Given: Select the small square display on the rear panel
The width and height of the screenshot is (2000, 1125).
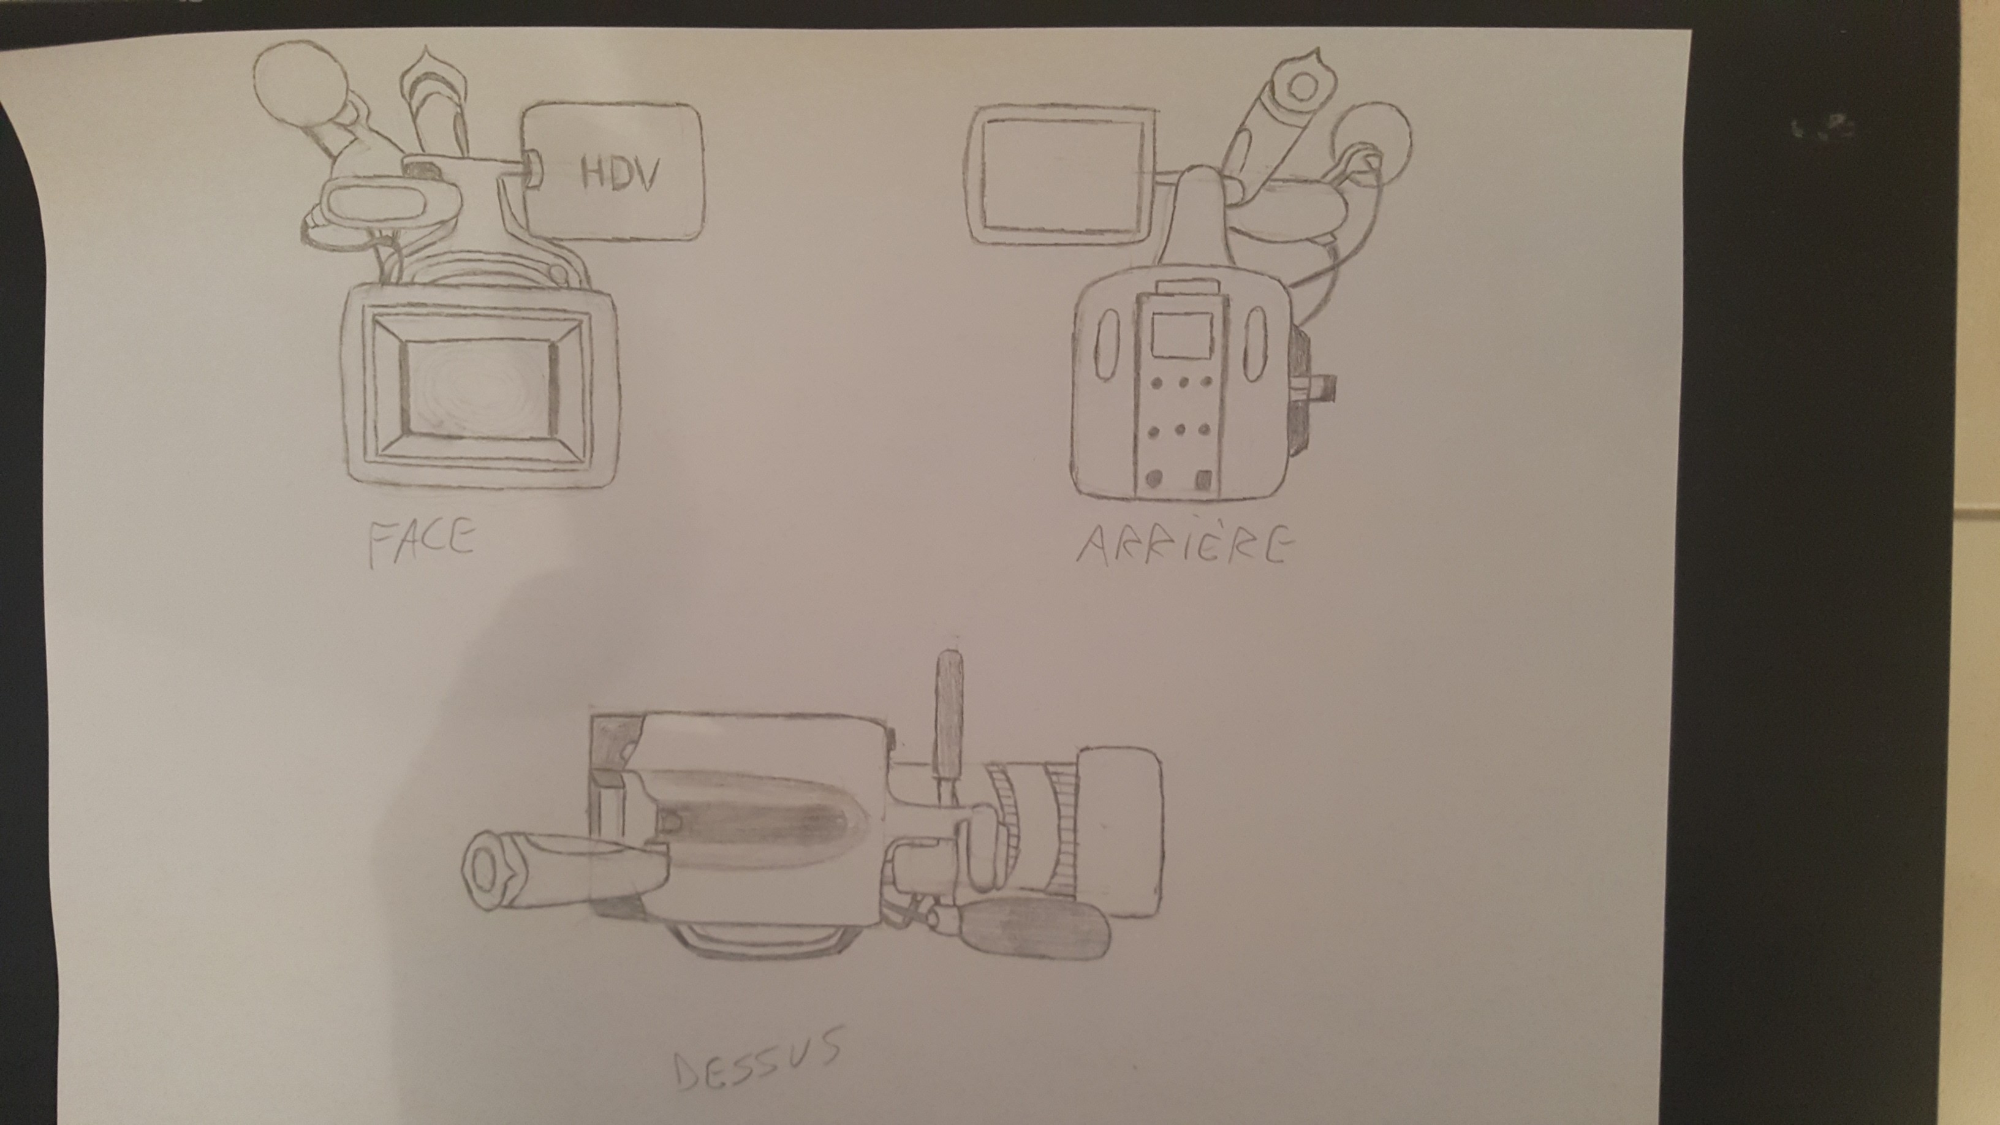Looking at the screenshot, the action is tap(1181, 335).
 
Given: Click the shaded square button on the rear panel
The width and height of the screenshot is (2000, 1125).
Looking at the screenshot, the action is tap(1203, 479).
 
